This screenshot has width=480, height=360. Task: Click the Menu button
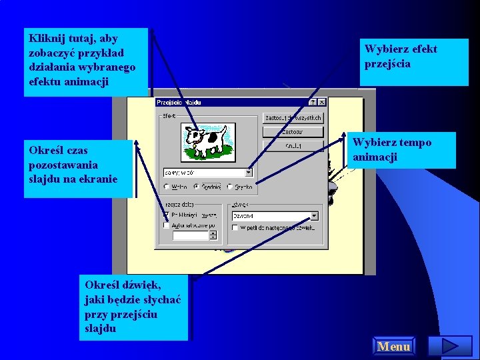tap(393, 347)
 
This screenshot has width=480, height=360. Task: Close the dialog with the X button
tap(322, 103)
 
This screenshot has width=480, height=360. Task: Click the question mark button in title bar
tap(313, 103)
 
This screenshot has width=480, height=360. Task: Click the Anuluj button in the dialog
tap(293, 145)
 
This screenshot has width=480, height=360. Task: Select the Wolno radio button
tap(167, 187)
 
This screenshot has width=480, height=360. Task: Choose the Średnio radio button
tap(198, 187)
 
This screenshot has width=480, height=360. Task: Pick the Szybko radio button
tap(229, 187)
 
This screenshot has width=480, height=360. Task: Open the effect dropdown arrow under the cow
tap(249, 172)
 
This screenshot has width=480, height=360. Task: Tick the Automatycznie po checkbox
tap(167, 226)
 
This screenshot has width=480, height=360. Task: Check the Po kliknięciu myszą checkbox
tap(167, 215)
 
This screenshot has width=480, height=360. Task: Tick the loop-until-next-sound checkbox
tap(235, 227)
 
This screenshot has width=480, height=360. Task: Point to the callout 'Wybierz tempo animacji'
tap(403, 150)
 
